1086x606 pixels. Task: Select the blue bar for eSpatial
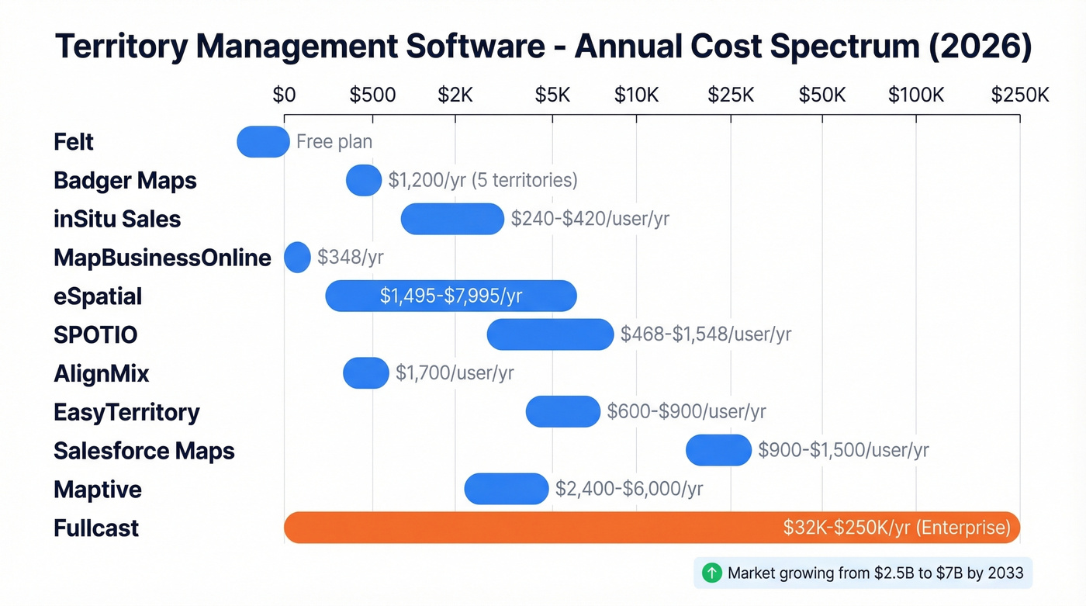[451, 296]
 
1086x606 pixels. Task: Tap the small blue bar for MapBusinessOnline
[297, 258]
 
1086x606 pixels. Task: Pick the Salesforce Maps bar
[718, 450]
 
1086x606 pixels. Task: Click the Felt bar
[263, 141]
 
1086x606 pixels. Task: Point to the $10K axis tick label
[636, 95]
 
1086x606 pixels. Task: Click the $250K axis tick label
[1020, 95]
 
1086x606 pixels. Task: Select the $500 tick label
[372, 95]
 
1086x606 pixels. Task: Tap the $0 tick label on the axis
[284, 95]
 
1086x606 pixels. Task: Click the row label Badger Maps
[125, 181]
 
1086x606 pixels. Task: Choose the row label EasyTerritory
[126, 412]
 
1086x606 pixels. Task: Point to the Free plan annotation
[334, 142]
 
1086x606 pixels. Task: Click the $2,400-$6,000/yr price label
[629, 489]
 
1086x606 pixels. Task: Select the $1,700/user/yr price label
[455, 373]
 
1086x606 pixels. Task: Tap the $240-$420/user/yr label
[590, 219]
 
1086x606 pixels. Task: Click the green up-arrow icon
[711, 573]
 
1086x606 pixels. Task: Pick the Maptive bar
[506, 489]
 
